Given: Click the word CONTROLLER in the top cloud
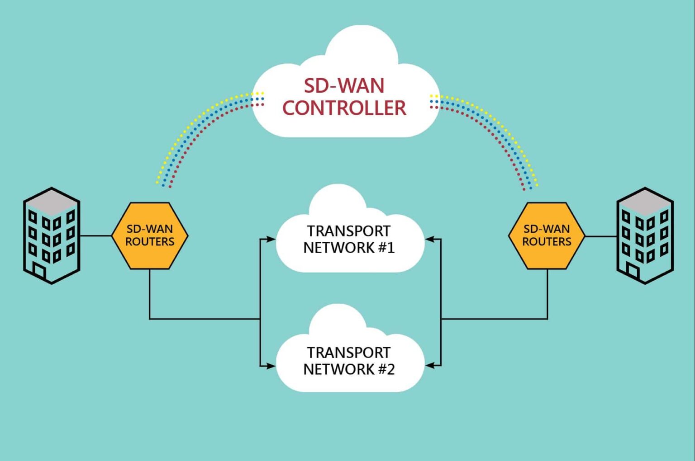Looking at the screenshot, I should click(344, 108).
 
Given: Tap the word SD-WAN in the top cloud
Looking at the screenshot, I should click(344, 86).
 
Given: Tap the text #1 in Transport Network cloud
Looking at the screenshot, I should click(386, 248).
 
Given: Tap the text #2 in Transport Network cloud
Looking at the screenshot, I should click(386, 370).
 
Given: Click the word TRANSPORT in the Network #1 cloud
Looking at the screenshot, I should click(348, 231).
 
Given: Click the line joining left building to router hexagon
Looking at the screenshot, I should click(96, 235).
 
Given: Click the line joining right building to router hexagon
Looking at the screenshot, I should click(601, 236).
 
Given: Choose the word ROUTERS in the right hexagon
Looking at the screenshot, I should click(547, 242).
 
